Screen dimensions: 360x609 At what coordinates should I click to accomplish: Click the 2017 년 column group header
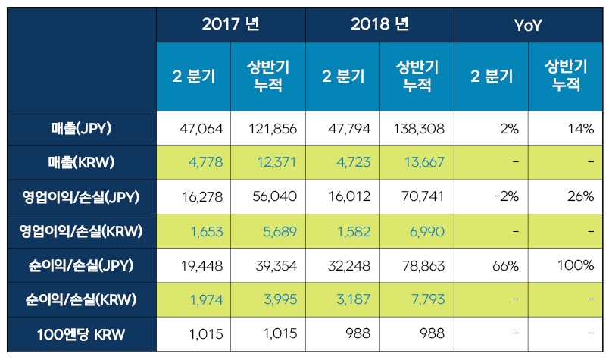(x=231, y=24)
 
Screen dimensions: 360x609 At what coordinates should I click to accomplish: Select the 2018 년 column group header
(x=379, y=24)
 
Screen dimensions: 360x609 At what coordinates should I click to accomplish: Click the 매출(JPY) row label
(x=82, y=128)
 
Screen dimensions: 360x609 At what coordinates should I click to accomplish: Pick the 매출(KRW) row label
(x=82, y=163)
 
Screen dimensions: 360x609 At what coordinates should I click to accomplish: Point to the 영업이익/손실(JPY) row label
(x=82, y=196)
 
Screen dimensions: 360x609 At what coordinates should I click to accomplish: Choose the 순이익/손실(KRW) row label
(x=82, y=300)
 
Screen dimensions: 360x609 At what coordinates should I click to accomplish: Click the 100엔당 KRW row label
(x=82, y=334)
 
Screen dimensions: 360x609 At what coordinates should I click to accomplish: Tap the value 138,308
(x=418, y=128)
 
